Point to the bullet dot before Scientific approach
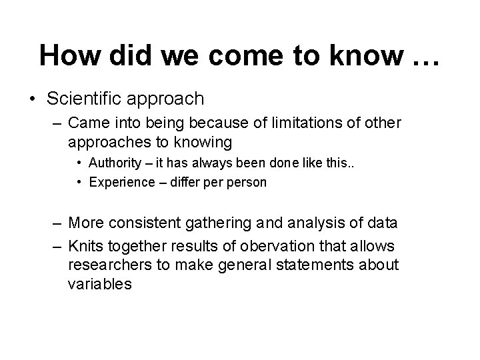pyautogui.click(x=33, y=100)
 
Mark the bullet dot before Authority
pyautogui.click(x=79, y=163)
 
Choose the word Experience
pyautogui.click(x=119, y=181)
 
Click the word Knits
pyautogui.click(x=85, y=246)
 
